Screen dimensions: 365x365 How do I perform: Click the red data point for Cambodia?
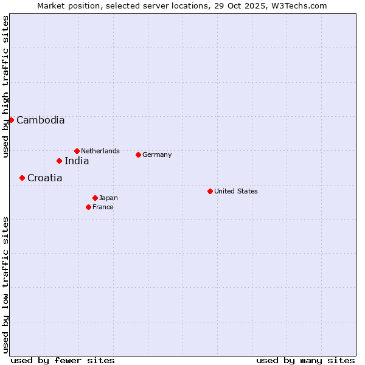(11, 120)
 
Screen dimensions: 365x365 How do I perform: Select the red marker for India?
(59, 161)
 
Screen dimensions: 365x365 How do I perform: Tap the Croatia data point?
(22, 178)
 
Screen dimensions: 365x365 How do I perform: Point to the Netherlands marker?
(77, 151)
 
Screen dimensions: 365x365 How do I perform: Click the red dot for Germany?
(138, 155)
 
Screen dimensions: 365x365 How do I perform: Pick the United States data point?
(210, 191)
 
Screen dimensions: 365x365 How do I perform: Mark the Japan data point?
(95, 198)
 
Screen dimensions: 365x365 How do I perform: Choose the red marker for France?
(88, 207)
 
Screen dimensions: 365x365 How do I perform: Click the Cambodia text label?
(40, 120)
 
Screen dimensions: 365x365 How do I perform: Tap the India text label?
(77, 161)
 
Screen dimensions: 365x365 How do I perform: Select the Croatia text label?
(44, 178)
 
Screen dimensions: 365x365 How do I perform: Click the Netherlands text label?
(100, 151)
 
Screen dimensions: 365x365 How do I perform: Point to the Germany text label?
(157, 155)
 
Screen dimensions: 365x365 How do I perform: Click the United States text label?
(236, 191)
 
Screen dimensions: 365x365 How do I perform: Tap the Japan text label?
(108, 198)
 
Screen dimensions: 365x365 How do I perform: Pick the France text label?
(103, 207)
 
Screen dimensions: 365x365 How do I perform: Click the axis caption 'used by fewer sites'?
(63, 360)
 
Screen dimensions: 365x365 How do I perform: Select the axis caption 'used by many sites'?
(305, 360)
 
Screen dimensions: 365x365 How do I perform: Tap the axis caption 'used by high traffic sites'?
(6, 86)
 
